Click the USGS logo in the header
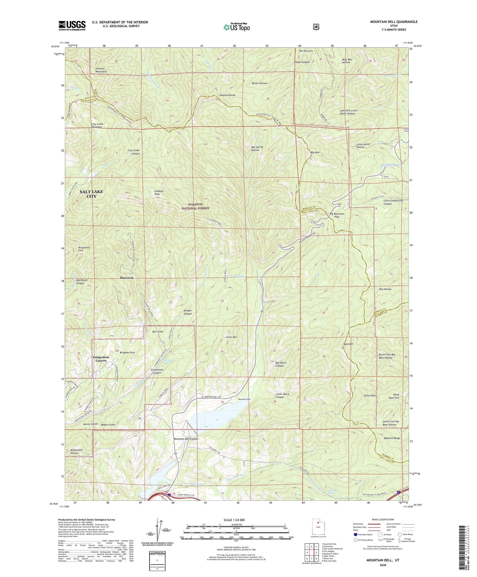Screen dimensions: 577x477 coord(72,25)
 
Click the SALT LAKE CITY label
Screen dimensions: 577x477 coord(91,194)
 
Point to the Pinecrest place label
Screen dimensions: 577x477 coord(127,278)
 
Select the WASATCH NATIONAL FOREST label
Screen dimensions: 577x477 coord(196,206)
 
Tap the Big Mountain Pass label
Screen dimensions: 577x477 coord(337,215)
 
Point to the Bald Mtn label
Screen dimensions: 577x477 coord(348,344)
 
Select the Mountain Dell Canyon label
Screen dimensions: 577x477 coord(186,439)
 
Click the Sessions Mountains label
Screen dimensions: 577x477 coord(101,70)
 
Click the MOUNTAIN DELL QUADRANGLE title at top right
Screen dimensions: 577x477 coord(389,22)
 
